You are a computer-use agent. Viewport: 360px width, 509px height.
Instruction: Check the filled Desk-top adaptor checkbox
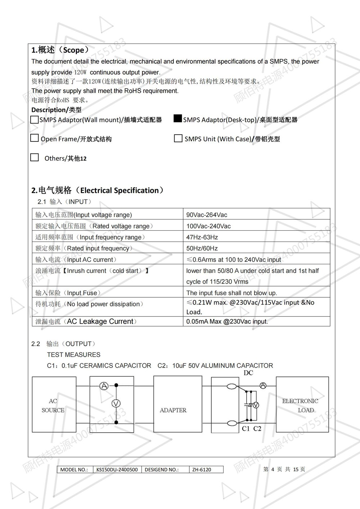[x=177, y=119]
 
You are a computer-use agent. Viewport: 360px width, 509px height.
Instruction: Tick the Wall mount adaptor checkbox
[x=35, y=120]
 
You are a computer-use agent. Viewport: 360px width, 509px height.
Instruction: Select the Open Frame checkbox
[x=35, y=138]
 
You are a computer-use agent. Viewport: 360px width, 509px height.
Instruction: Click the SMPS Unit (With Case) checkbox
[x=178, y=139]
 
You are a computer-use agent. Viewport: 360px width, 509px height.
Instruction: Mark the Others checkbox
[x=35, y=158]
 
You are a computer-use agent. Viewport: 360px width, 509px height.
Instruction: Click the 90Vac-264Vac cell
[x=207, y=215]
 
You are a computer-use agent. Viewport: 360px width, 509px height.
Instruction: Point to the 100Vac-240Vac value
[x=208, y=226]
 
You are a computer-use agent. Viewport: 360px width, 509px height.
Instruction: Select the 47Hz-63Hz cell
[x=202, y=237]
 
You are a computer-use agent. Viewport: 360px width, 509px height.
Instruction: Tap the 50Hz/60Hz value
[x=202, y=248]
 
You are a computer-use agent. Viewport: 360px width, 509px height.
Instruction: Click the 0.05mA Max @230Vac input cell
[x=227, y=321]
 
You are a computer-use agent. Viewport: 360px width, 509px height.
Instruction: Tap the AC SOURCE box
[x=54, y=405]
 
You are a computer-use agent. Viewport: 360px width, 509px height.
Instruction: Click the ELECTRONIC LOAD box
[x=302, y=405]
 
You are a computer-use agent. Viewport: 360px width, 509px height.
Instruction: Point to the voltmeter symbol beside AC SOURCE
[x=116, y=404]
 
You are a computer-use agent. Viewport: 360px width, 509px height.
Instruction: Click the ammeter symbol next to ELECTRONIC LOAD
[x=263, y=386]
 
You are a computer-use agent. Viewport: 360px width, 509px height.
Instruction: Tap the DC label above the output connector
[x=248, y=373]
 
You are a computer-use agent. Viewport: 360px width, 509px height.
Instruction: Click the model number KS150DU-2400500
[x=117, y=469]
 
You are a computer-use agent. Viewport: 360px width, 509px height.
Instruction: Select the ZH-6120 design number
[x=202, y=469]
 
